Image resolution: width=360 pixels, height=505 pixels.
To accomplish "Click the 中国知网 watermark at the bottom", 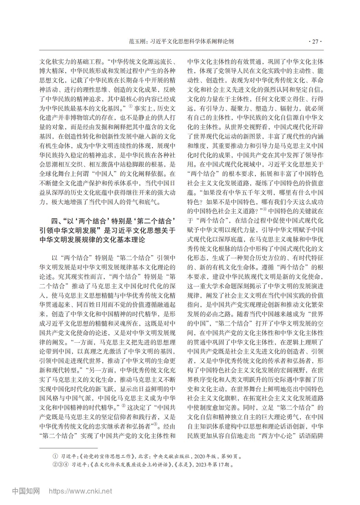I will tap(26, 491).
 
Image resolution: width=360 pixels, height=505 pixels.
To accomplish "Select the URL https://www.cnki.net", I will tap(80, 491).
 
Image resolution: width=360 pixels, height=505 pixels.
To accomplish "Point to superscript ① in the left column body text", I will tap(131, 106).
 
